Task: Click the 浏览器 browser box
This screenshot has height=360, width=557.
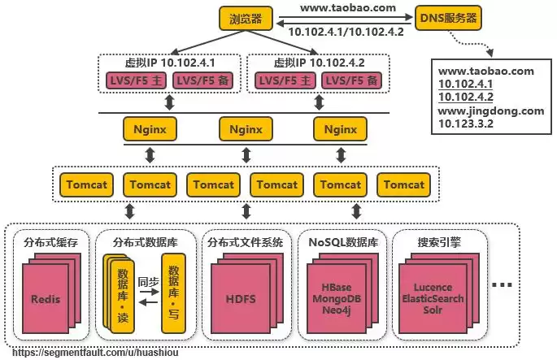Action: click(246, 17)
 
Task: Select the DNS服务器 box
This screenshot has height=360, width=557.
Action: click(447, 17)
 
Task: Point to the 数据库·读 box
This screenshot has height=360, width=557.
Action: click(122, 295)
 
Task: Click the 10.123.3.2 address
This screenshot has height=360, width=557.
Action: click(467, 124)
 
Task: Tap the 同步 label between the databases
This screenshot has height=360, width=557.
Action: click(147, 282)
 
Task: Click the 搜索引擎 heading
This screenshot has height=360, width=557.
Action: click(440, 241)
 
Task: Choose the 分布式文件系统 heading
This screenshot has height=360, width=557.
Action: click(245, 241)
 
